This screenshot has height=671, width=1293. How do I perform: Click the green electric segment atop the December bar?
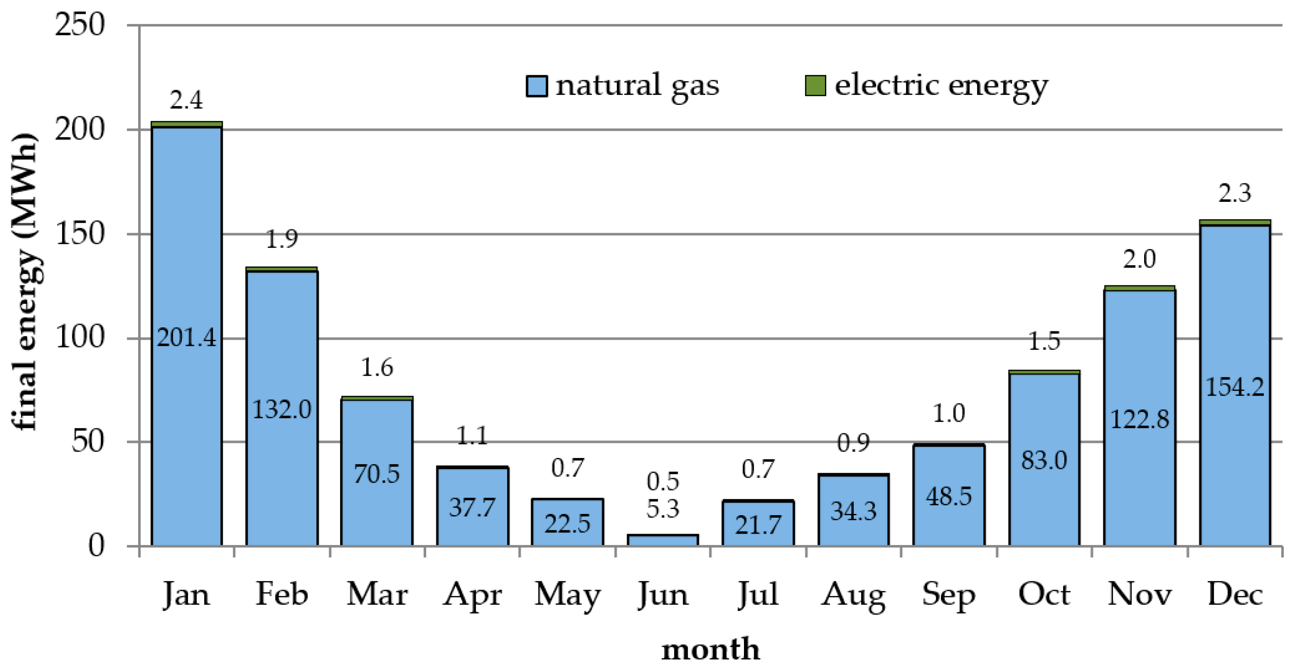click(x=1234, y=222)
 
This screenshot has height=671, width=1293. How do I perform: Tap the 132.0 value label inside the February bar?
click(x=282, y=410)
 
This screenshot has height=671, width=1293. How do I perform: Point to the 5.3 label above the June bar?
click(x=663, y=509)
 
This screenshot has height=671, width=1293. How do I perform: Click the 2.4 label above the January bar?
click(x=186, y=100)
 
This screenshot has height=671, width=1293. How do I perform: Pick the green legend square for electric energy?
click(x=815, y=86)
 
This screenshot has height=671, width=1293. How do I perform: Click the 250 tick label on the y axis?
click(x=80, y=24)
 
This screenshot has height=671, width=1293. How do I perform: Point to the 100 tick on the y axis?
click(x=80, y=337)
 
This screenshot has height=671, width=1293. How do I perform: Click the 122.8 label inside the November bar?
click(x=1140, y=419)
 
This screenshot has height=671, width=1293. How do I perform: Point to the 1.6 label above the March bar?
click(x=377, y=368)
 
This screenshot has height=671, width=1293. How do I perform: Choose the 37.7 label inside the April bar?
click(x=472, y=507)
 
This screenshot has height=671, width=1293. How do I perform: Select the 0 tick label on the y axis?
click(x=96, y=546)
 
